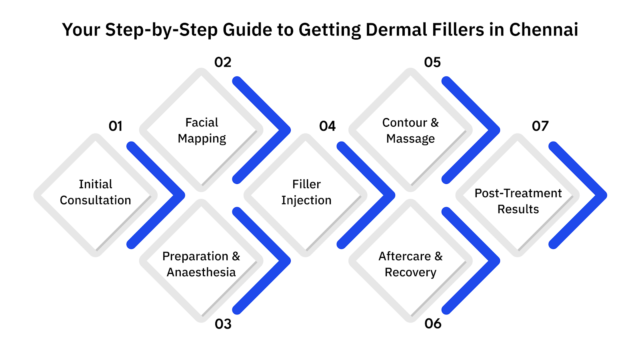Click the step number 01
115,126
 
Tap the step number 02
223,62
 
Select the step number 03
223,324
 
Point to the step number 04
327,126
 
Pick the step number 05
432,62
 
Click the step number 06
433,324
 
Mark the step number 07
540,126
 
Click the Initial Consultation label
96,192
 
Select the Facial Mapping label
202,130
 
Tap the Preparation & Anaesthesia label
201,264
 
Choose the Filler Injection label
306,192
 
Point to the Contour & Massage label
410,130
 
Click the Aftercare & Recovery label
410,264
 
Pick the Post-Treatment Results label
518,201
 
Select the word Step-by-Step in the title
161,30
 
